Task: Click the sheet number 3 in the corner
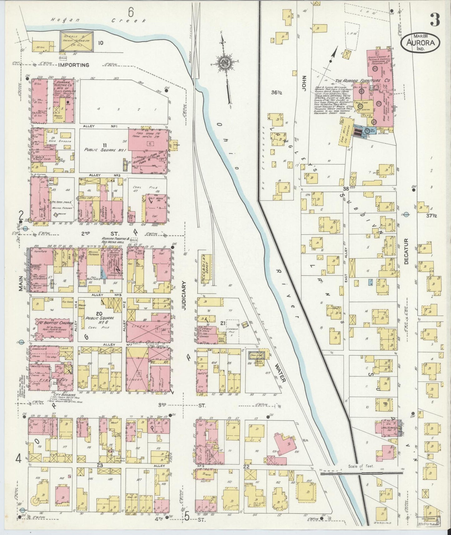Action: [x=434, y=20]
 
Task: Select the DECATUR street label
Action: [x=406, y=252]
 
